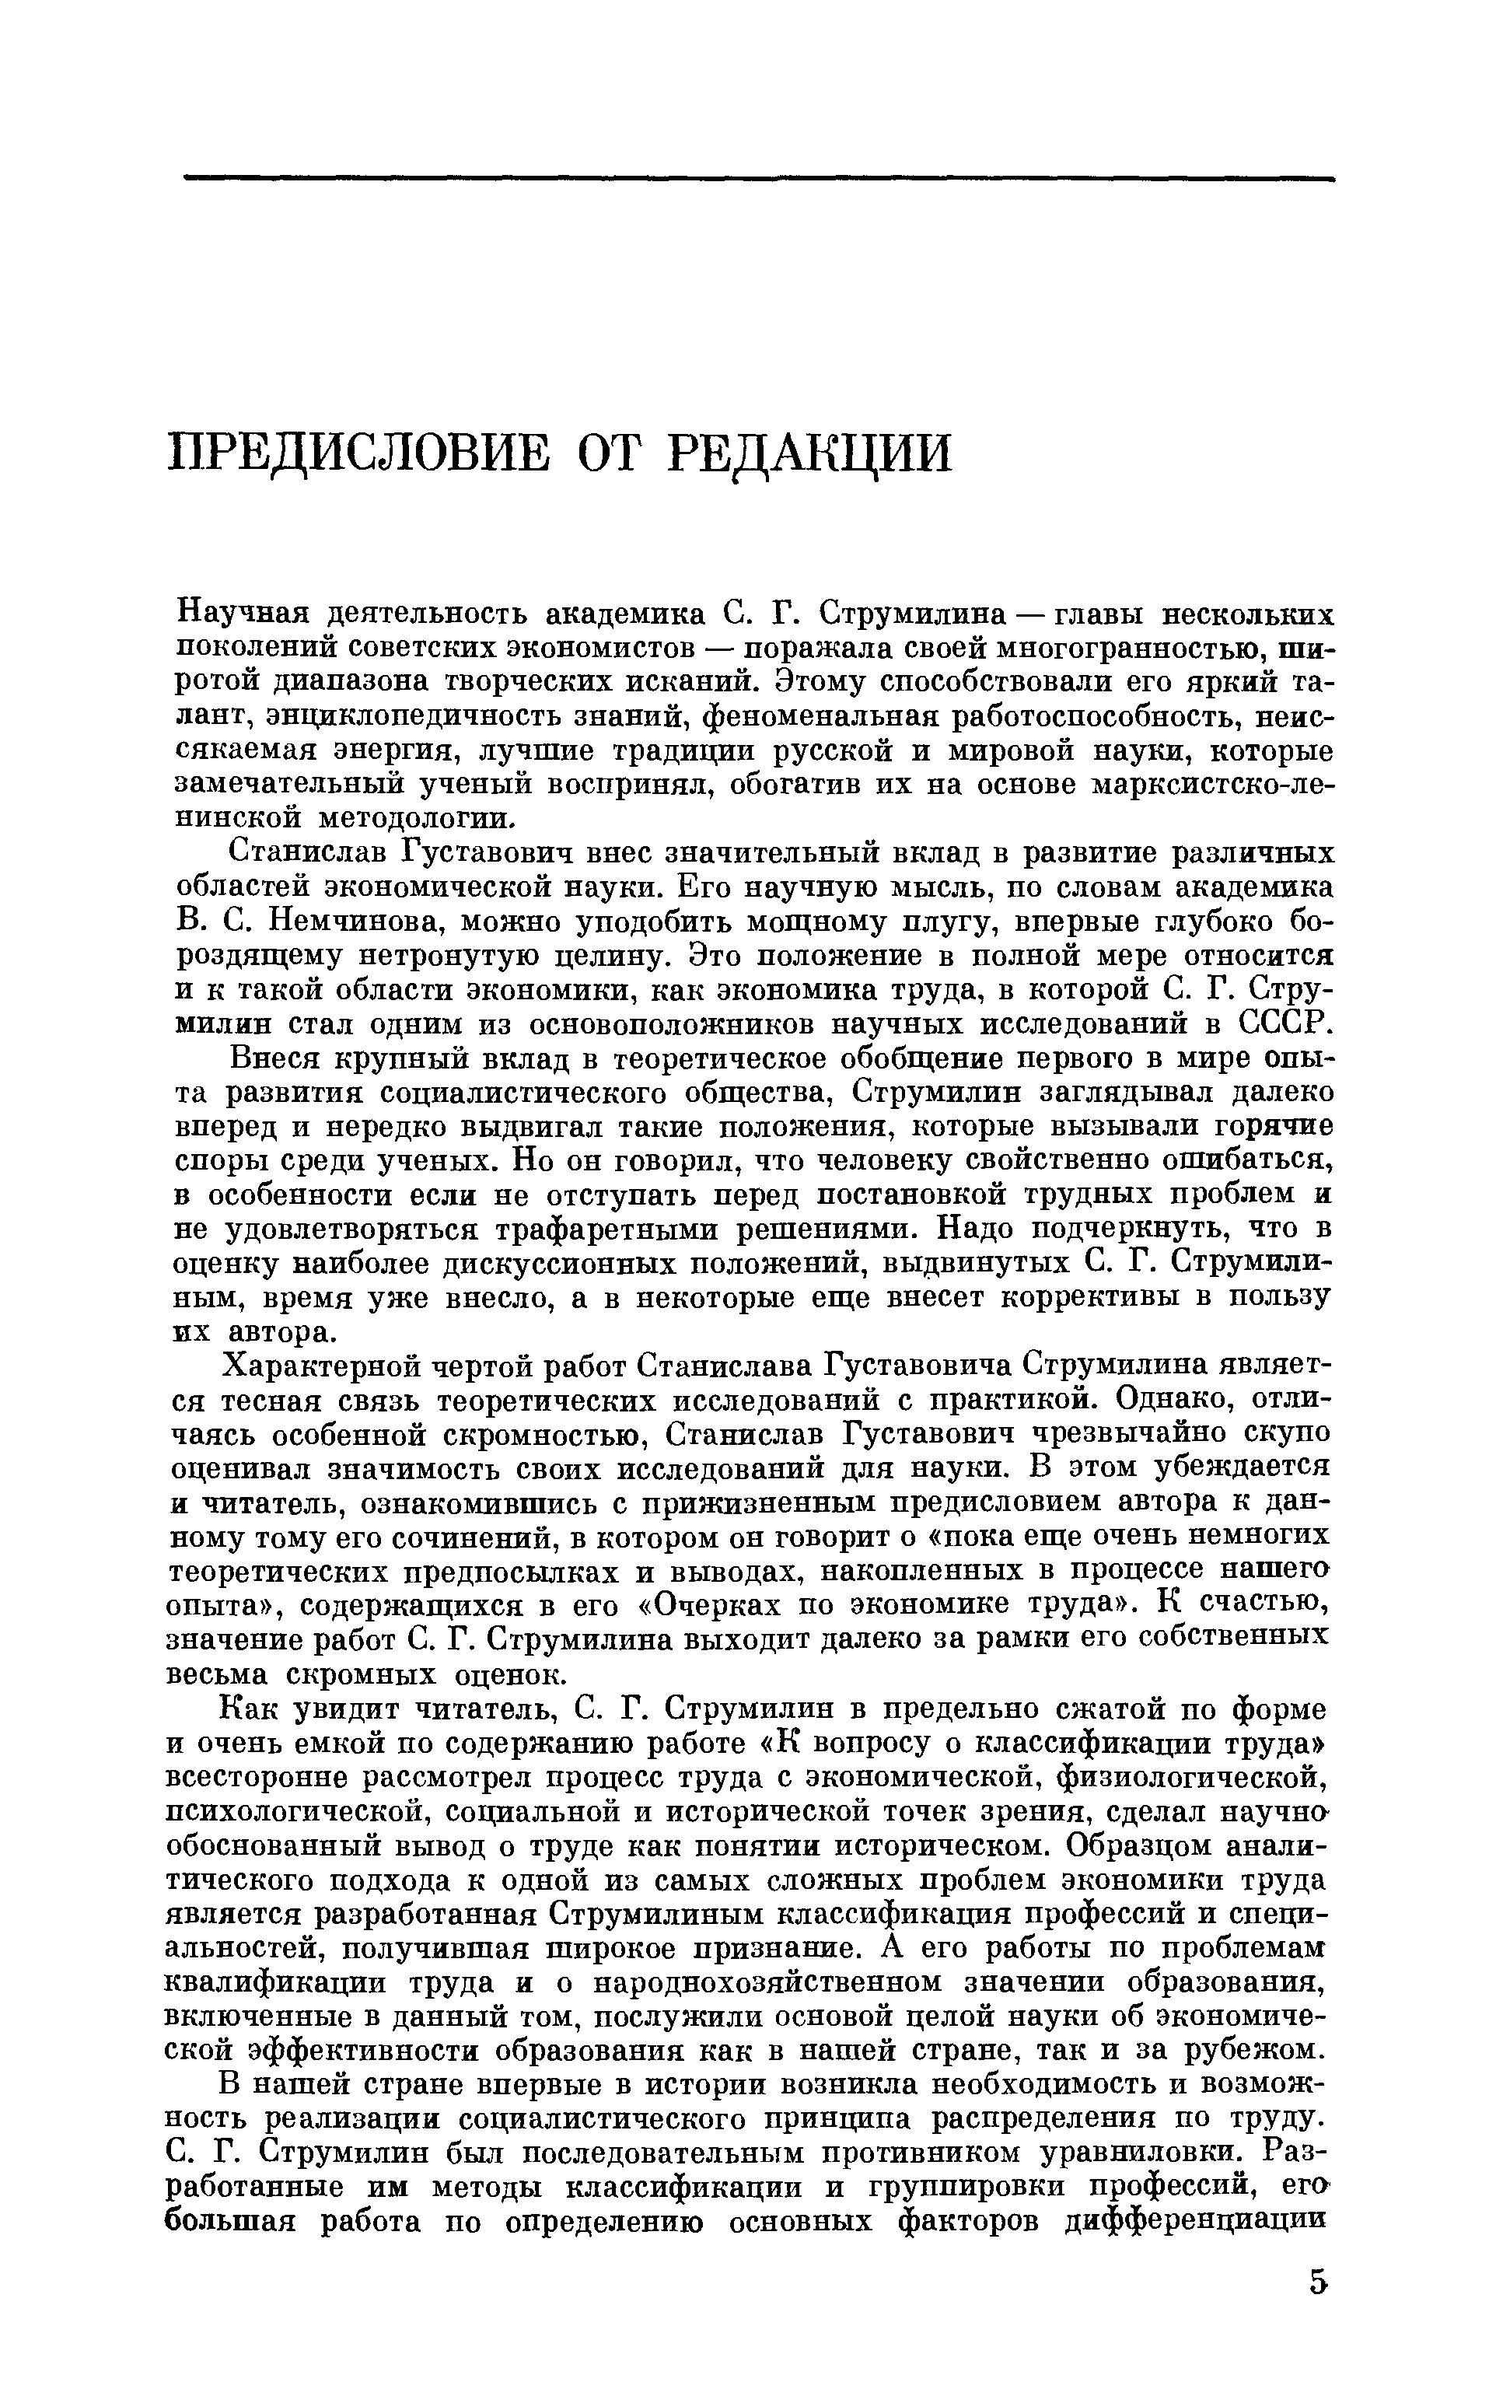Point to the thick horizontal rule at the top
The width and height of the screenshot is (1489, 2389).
point(758,179)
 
